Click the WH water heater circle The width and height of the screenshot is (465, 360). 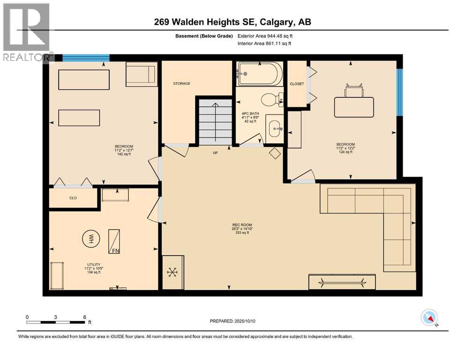pyautogui.click(x=91, y=239)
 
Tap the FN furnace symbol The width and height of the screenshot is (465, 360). pyautogui.click(x=114, y=241)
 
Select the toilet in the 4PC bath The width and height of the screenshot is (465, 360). pyautogui.click(x=272, y=99)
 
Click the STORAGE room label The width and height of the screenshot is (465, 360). pyautogui.click(x=182, y=84)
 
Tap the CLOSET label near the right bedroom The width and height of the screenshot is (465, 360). pyautogui.click(x=297, y=84)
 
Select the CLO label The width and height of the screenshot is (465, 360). pyautogui.click(x=73, y=198)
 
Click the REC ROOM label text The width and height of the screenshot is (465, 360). pyautogui.click(x=242, y=225)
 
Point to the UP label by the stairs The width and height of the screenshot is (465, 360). pyautogui.click(x=215, y=153)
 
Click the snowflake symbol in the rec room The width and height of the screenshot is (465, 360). pyautogui.click(x=172, y=272)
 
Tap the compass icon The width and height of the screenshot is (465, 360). pyautogui.click(x=429, y=317)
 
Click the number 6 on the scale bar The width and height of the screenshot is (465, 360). pyautogui.click(x=85, y=317)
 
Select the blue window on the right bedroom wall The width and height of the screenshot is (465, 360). pyautogui.click(x=400, y=92)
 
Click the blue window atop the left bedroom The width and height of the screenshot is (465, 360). pyautogui.click(x=86, y=58)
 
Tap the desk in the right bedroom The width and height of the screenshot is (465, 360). pyautogui.click(x=354, y=107)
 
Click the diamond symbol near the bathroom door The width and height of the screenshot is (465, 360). pyautogui.click(x=275, y=153)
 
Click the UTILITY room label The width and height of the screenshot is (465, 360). pyautogui.click(x=94, y=264)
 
